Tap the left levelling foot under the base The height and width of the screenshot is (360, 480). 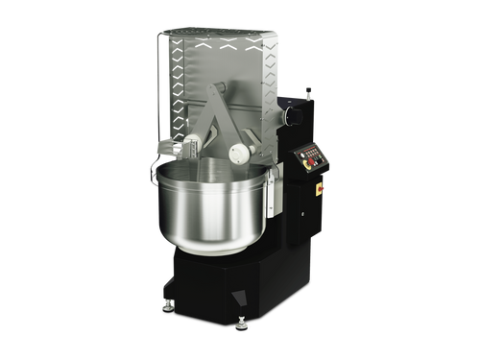165,305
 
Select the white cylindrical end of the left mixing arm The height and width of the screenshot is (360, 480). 191,144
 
